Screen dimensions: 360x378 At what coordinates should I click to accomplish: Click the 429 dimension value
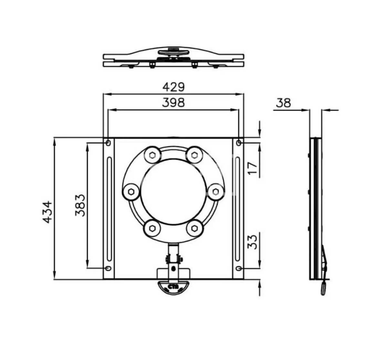[x=173, y=87]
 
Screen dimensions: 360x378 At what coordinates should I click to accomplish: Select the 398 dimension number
[x=173, y=102]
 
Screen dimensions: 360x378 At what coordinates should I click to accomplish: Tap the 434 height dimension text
[x=47, y=212]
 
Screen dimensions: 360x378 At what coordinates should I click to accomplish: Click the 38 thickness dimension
[x=283, y=103]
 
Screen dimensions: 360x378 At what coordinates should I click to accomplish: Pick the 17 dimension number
[x=254, y=168]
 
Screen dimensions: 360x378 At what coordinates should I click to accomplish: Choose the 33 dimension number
[x=254, y=241]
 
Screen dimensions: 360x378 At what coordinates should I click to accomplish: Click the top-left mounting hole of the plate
[x=108, y=143]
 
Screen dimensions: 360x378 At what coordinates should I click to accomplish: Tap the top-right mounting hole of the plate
[x=239, y=143]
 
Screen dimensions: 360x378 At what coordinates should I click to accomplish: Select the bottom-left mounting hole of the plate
[x=108, y=268]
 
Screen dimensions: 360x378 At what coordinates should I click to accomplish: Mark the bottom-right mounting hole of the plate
[x=239, y=268]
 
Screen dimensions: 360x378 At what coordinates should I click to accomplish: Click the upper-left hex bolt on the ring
[x=152, y=155]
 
